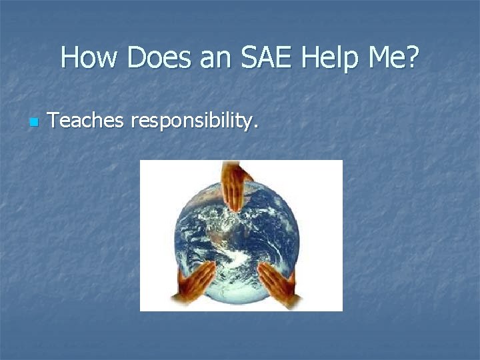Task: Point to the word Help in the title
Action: [330, 59]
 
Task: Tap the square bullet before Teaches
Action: [34, 123]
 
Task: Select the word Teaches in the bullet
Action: [87, 121]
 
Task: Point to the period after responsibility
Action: [255, 128]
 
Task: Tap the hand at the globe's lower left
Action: [194, 281]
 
